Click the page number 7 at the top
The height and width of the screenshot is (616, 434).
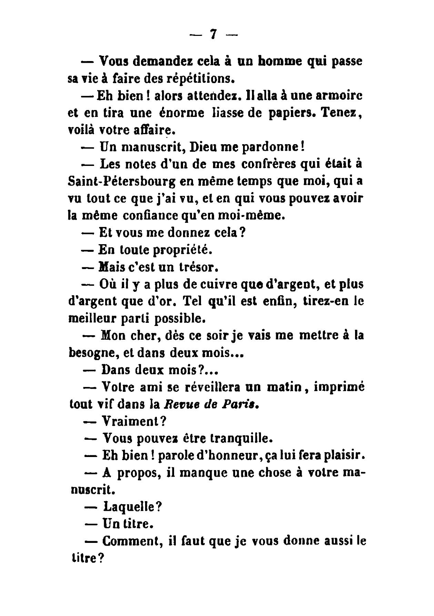point(214,34)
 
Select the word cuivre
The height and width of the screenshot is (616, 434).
point(219,285)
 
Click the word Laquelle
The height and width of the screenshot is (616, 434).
point(132,507)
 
